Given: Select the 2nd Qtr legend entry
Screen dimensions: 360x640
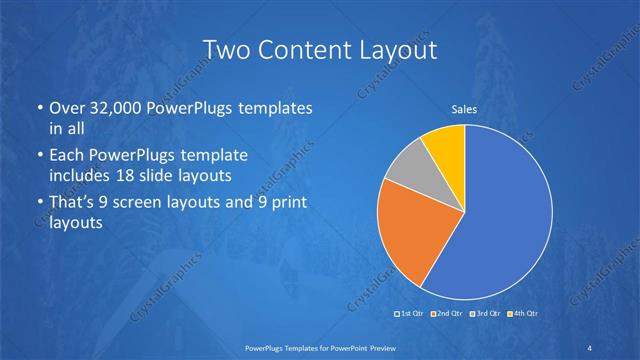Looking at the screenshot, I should click(x=446, y=314).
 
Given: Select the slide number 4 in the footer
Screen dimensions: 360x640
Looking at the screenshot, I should click(x=590, y=346).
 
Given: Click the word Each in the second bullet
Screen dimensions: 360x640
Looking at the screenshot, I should click(x=69, y=157).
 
